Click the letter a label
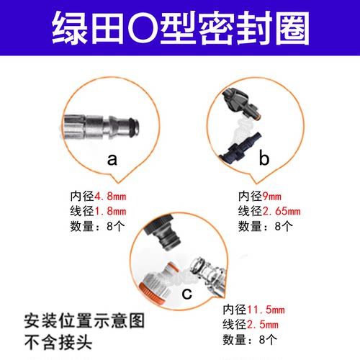112,160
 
